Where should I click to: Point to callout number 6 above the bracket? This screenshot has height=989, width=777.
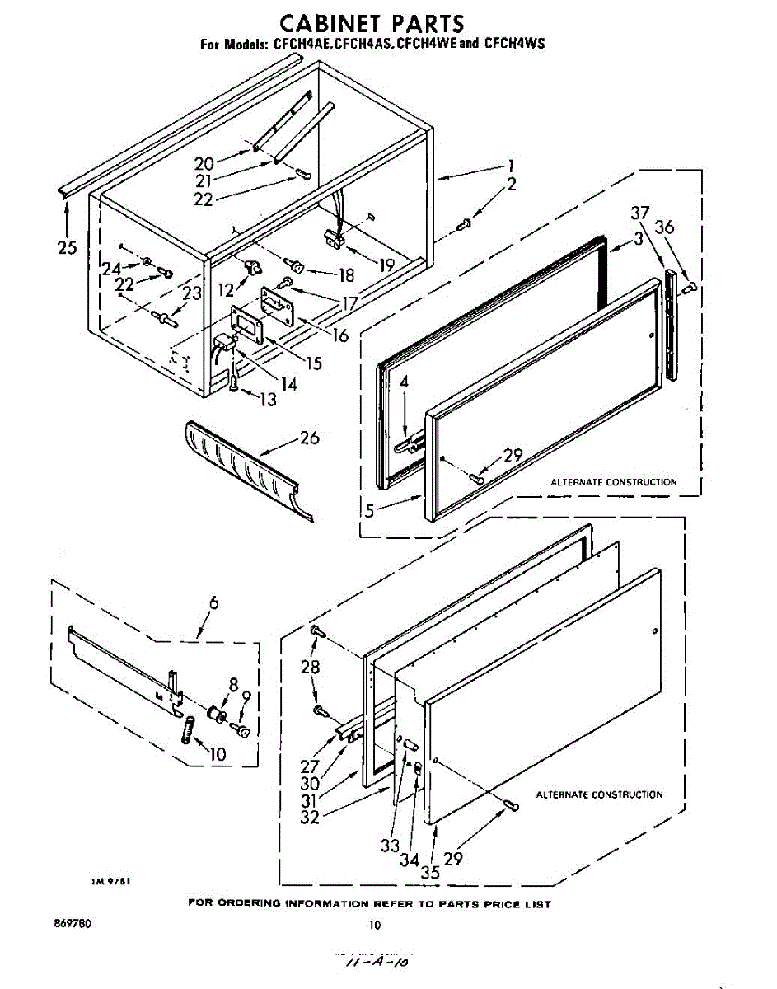click(213, 603)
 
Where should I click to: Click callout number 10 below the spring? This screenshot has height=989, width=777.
click(218, 754)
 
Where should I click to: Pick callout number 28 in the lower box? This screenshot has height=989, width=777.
click(310, 667)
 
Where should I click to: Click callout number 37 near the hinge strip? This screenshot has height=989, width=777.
click(639, 213)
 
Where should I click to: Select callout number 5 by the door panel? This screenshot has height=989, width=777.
click(369, 510)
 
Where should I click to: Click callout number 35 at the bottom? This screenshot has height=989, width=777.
click(429, 872)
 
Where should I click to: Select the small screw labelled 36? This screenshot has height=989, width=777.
click(690, 286)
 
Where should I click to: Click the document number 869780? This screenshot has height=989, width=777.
click(73, 924)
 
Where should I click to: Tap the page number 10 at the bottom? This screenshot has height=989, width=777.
click(375, 925)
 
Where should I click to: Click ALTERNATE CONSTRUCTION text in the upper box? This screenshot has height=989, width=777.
click(613, 482)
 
